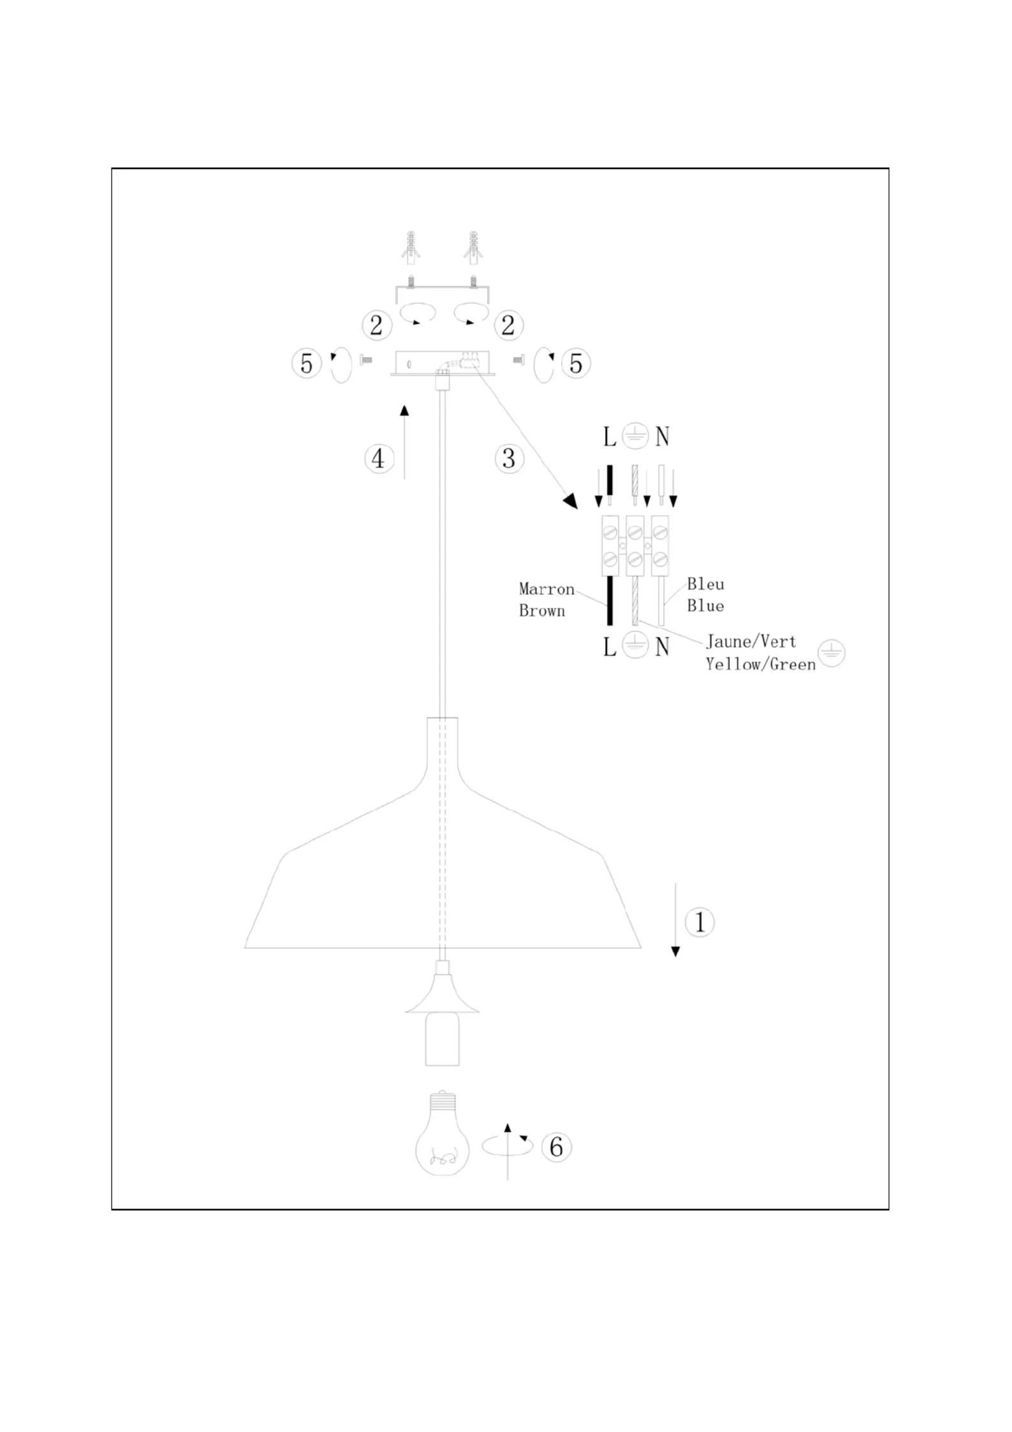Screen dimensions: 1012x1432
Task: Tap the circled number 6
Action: pyautogui.click(x=556, y=1147)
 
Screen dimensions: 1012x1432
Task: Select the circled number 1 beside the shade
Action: pyautogui.click(x=700, y=922)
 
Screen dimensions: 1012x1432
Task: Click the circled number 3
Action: pyautogui.click(x=509, y=459)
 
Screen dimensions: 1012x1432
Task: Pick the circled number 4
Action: pyautogui.click(x=379, y=459)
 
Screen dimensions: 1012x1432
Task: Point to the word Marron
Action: pyautogui.click(x=546, y=589)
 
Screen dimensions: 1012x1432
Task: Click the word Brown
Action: pyautogui.click(x=541, y=611)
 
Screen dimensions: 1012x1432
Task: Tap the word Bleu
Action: pyautogui.click(x=705, y=584)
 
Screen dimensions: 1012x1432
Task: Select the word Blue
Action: pyautogui.click(x=705, y=605)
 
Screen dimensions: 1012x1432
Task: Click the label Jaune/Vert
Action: pyautogui.click(x=751, y=642)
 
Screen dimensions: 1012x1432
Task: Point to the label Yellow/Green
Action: pyautogui.click(x=761, y=664)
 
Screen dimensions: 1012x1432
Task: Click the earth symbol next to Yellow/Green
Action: pyautogui.click(x=832, y=653)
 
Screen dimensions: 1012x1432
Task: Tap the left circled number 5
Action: pyautogui.click(x=307, y=364)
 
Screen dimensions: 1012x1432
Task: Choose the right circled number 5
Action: pyautogui.click(x=576, y=364)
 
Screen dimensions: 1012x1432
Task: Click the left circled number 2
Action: pyautogui.click(x=377, y=325)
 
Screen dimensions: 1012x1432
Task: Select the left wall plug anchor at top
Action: pyautogui.click(x=411, y=248)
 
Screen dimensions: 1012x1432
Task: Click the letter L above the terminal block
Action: pyautogui.click(x=610, y=438)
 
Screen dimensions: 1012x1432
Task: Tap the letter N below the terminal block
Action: pyautogui.click(x=663, y=647)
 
